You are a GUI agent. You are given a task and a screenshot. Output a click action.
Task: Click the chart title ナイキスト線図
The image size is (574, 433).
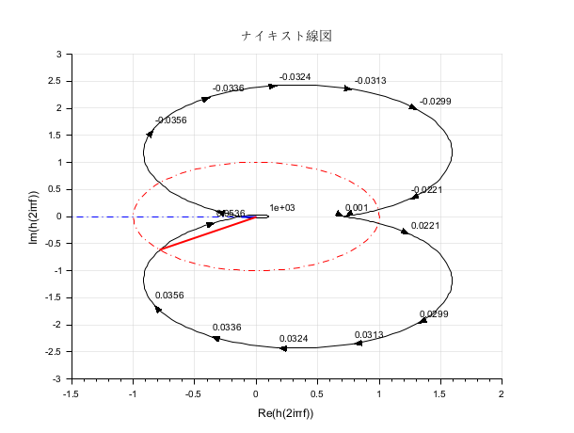[x=287, y=36]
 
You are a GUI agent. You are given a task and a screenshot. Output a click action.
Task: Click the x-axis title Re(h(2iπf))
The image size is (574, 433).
[x=286, y=413]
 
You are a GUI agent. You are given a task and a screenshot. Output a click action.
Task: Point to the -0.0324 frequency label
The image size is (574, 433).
[x=295, y=76]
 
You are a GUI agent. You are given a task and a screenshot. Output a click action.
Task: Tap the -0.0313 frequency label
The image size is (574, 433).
[x=370, y=81]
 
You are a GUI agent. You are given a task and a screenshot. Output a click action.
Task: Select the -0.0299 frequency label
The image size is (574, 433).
[x=435, y=101]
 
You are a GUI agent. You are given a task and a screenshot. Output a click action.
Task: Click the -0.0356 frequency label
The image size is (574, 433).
[x=171, y=120]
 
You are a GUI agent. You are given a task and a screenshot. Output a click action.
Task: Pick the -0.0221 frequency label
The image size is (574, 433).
[x=426, y=190]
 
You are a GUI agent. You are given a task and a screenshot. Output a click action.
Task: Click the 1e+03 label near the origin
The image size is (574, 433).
[x=282, y=208]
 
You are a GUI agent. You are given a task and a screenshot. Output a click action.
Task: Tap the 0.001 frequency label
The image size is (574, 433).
[x=357, y=208]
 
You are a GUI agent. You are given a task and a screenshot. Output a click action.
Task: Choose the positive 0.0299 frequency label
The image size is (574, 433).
[x=434, y=314]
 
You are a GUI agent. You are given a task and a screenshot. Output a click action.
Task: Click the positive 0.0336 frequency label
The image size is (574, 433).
[x=228, y=328]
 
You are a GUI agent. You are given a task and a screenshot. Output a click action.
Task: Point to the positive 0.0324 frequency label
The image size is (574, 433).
[x=294, y=338]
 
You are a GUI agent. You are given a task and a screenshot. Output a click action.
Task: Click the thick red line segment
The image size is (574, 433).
[x=207, y=233]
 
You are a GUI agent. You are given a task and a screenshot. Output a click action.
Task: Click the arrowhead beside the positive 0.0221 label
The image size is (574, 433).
[x=406, y=231]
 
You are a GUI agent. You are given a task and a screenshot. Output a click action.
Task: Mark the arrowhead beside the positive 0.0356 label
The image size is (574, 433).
[x=158, y=309]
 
